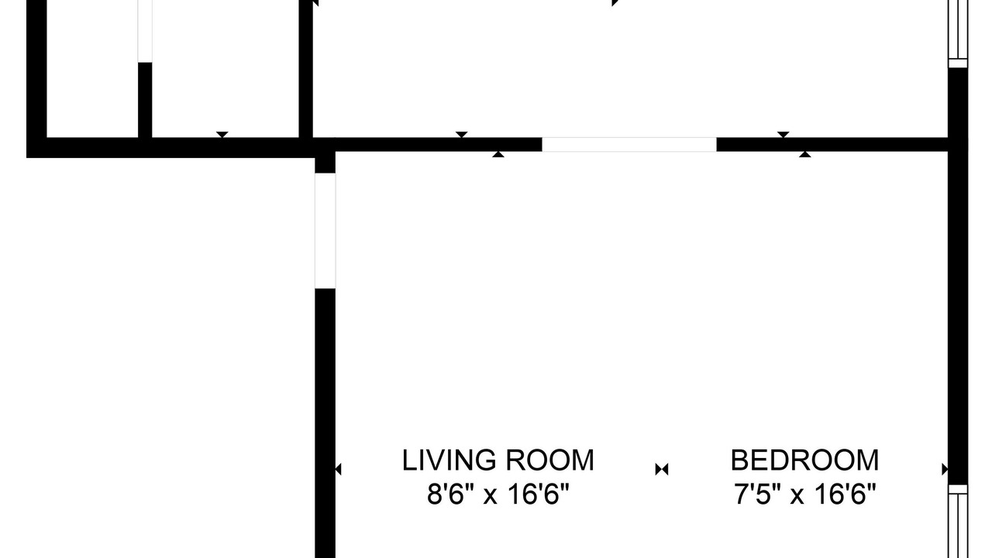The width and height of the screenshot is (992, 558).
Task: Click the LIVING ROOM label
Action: pyautogui.click(x=498, y=460)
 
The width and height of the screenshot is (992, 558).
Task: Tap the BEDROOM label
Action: pyautogui.click(x=804, y=460)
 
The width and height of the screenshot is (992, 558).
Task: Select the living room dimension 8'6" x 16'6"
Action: pyautogui.click(x=498, y=494)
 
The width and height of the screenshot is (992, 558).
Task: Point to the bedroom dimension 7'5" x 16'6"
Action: pyautogui.click(x=804, y=494)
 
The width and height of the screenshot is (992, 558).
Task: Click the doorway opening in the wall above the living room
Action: pyautogui.click(x=629, y=144)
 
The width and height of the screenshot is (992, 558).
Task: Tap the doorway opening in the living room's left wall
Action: pyautogui.click(x=325, y=231)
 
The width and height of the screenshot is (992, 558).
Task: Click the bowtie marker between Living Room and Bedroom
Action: pyautogui.click(x=662, y=469)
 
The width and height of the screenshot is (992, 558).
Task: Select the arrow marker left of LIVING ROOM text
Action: pyautogui.click(x=339, y=469)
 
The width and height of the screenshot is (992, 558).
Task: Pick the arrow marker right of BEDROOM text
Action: pyautogui.click(x=945, y=469)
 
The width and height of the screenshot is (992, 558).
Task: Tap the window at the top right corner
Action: pyautogui.click(x=958, y=33)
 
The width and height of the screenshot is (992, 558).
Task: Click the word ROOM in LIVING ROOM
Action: pyautogui.click(x=549, y=460)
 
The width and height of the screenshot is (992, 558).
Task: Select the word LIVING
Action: pyautogui.click(x=449, y=460)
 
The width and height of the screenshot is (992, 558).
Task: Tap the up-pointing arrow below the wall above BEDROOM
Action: pyautogui.click(x=805, y=154)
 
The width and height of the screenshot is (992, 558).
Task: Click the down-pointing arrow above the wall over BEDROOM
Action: pyautogui.click(x=783, y=135)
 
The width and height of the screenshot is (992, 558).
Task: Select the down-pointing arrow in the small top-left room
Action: pyautogui.click(x=222, y=135)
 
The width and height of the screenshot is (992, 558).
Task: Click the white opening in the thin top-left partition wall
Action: pyautogui.click(x=145, y=31)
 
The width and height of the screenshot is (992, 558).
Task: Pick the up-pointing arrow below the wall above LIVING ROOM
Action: pyautogui.click(x=498, y=154)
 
